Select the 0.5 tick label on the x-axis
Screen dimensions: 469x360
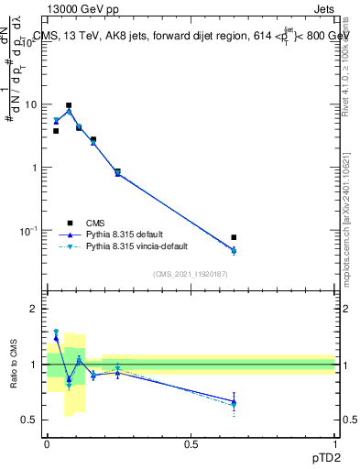click(x=191, y=442)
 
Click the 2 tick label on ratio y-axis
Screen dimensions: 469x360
click(x=35, y=309)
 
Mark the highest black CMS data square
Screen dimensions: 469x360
click(x=69, y=105)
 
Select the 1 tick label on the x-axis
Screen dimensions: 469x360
click(x=334, y=442)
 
